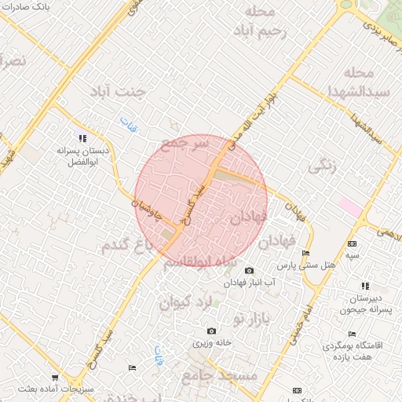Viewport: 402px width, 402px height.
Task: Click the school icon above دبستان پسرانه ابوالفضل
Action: tap(82, 138)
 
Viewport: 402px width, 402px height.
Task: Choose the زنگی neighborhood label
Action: tap(323, 165)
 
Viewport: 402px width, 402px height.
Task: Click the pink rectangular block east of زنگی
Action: tap(350, 208)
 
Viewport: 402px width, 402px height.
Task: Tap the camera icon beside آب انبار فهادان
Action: tap(250, 270)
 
